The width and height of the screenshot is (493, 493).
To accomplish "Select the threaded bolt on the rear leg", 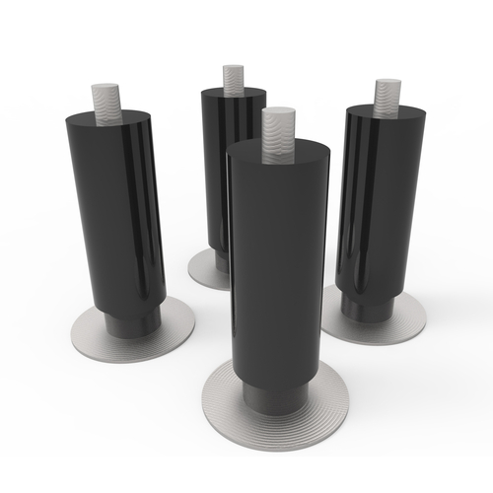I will tap(233, 78).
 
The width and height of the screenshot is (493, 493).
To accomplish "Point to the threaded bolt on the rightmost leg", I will tap(386, 96).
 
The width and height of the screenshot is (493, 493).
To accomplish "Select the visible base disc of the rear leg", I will tap(204, 271).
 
